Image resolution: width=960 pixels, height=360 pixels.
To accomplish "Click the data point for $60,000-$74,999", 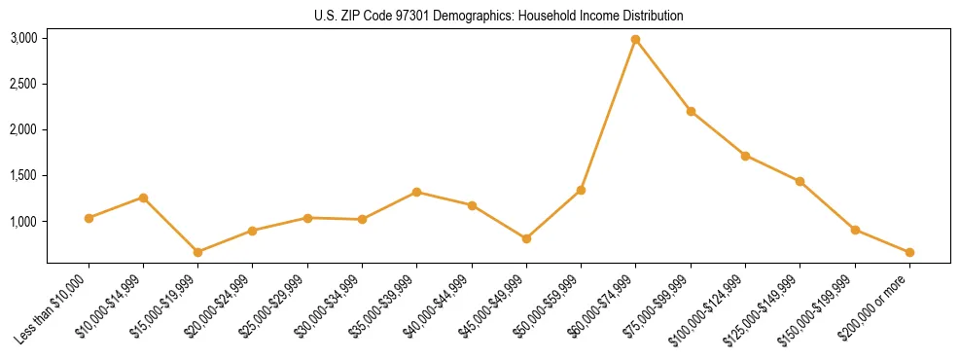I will pyautogui.click(x=635, y=39).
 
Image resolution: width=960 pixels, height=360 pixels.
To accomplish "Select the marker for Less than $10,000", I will pyautogui.click(x=89, y=218).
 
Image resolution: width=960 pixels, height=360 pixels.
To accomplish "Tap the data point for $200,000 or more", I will pyautogui.click(x=909, y=252).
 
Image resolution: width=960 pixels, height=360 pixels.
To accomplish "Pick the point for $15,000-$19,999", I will pyautogui.click(x=197, y=252).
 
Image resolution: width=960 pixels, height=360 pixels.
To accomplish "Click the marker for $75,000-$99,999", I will pyautogui.click(x=691, y=111).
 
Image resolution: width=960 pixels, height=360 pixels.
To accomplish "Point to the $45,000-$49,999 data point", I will pyautogui.click(x=526, y=238).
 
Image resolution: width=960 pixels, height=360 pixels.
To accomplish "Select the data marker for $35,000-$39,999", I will pyautogui.click(x=416, y=192).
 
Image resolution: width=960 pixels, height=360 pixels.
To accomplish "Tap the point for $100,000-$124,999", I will pyautogui.click(x=745, y=156).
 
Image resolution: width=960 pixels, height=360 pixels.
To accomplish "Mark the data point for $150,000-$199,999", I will pyautogui.click(x=855, y=230).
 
